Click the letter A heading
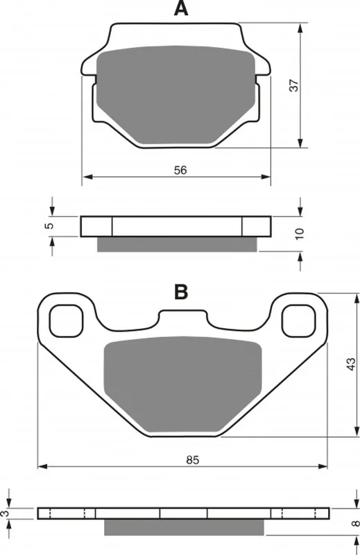point(181,8)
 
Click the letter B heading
point(181,292)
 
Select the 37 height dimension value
point(294,85)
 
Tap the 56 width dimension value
point(180,170)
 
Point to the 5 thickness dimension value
point(50,225)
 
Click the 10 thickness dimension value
point(300,234)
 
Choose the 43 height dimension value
point(350,364)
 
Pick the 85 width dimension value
point(193,460)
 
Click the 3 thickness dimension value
point(3,513)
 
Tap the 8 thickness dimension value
point(356,522)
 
